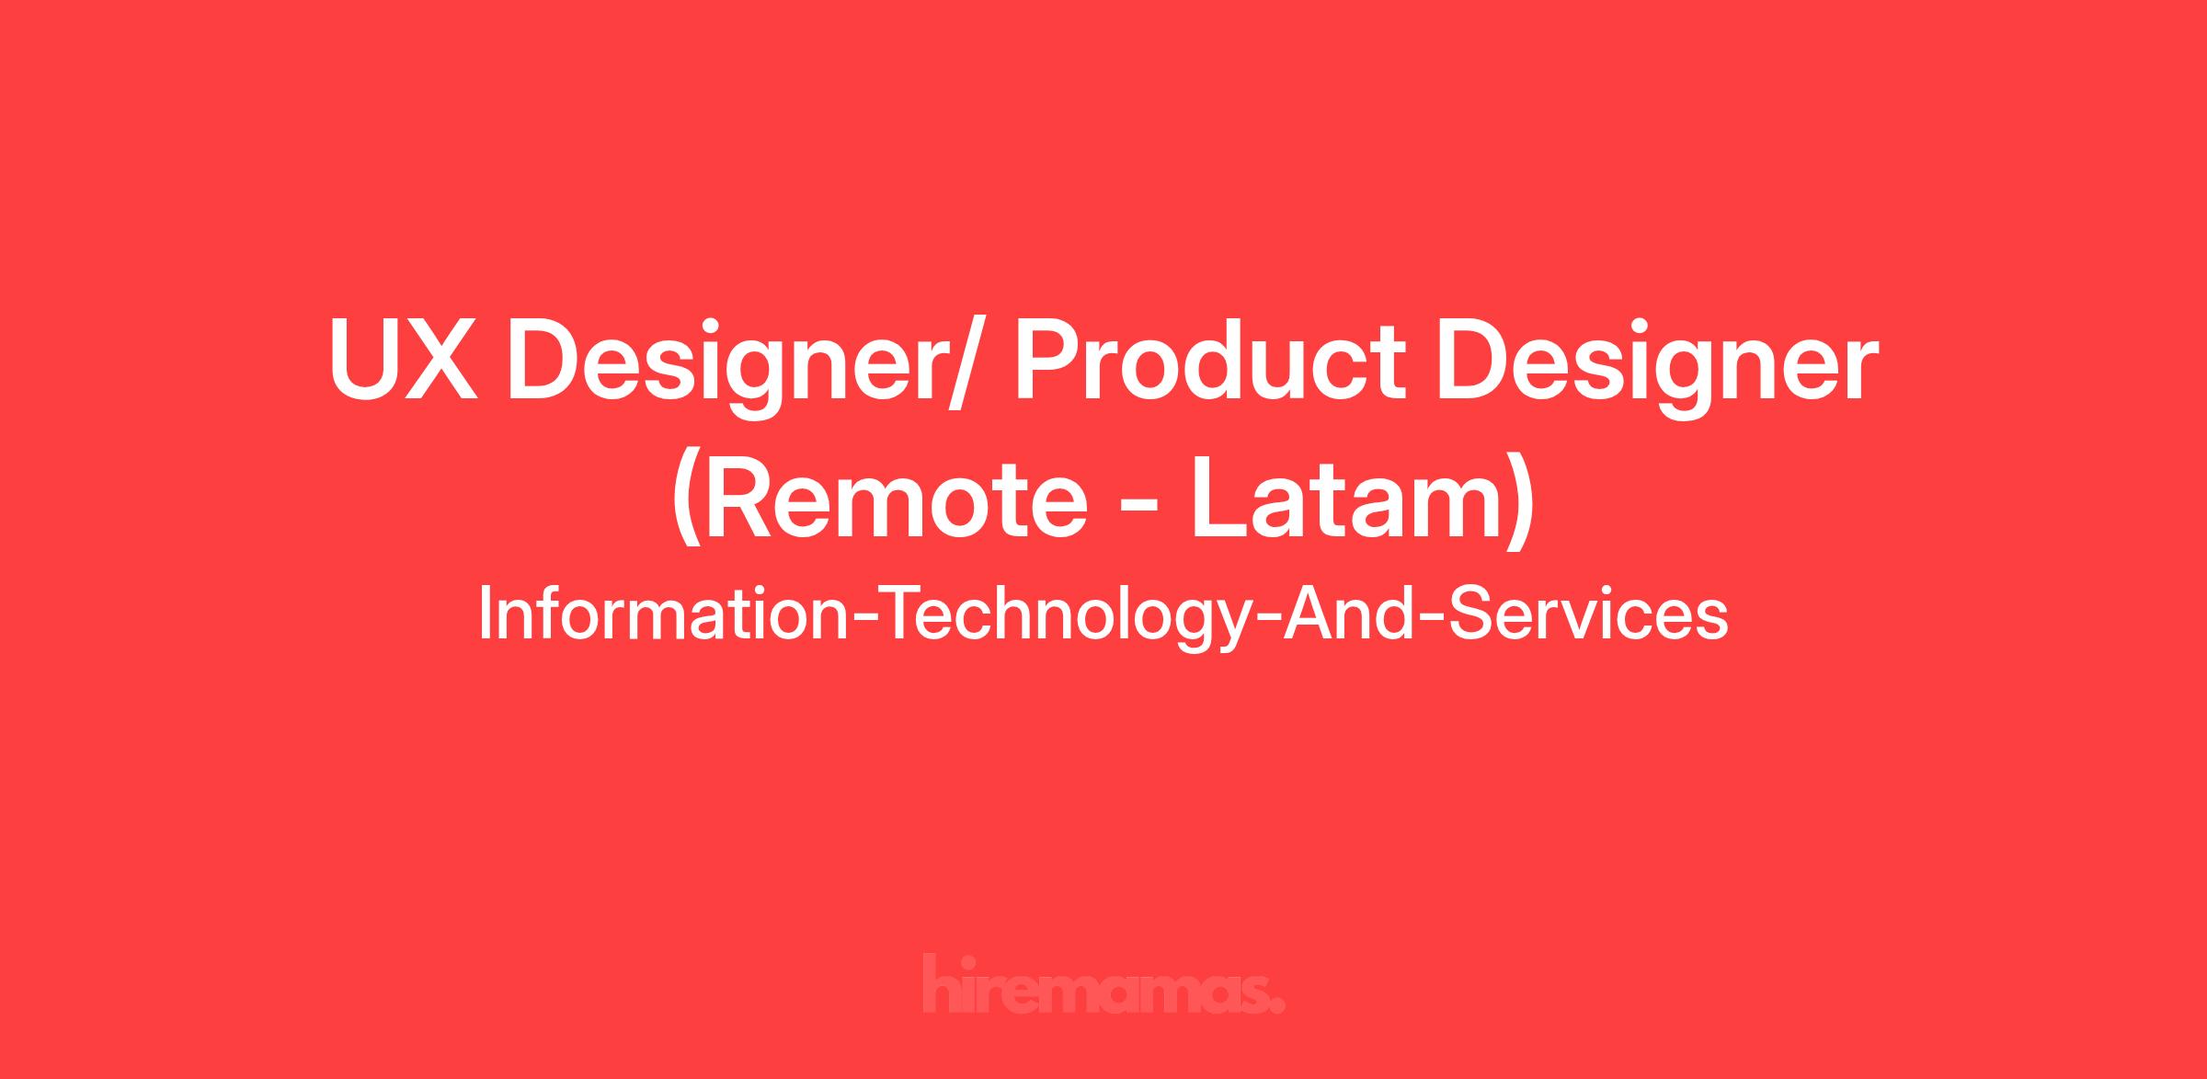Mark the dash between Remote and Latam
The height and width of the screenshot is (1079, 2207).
tap(1141, 508)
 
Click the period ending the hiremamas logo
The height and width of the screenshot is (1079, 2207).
tap(1278, 1006)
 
